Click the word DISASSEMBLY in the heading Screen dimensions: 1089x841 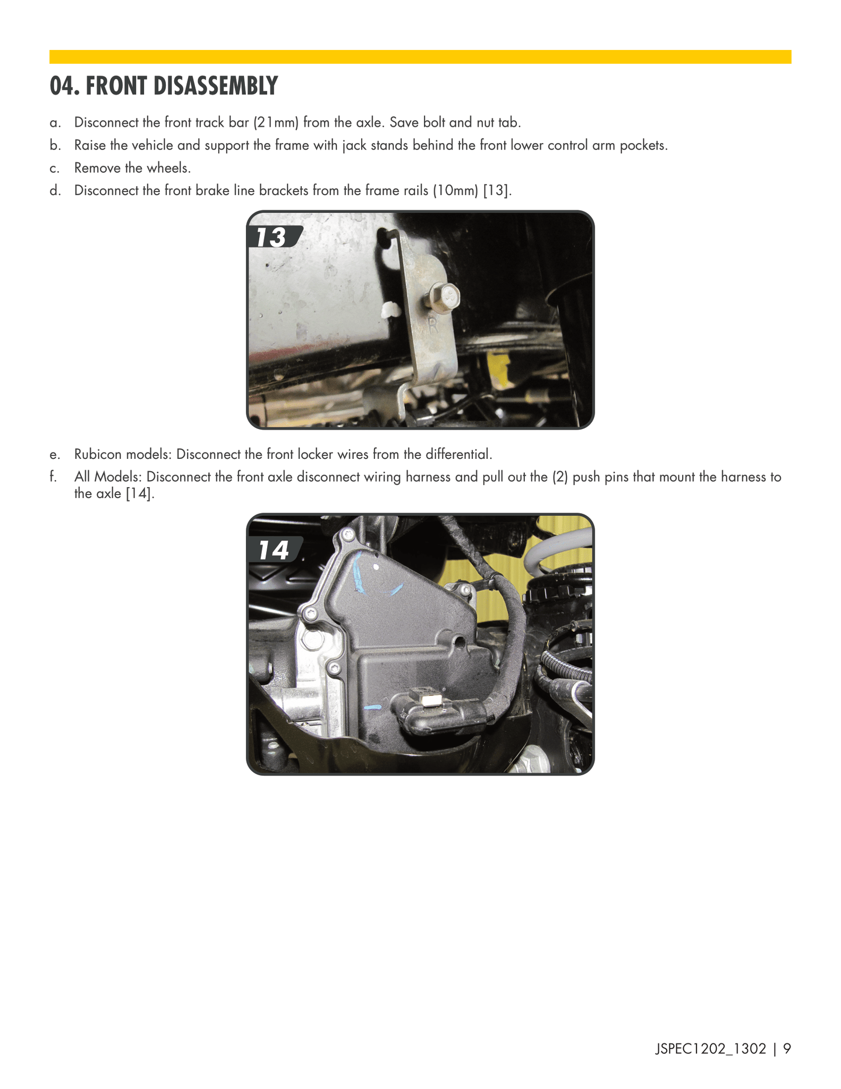182,86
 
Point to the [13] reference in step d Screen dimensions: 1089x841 497,190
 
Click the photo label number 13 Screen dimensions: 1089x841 271,238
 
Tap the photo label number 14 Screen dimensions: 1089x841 274,550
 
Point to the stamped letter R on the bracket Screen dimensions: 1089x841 432,325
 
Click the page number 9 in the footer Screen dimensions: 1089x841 787,1049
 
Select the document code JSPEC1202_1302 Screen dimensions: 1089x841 710,1049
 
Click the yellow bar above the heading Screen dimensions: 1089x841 420,57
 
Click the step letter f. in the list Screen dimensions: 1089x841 53,477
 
